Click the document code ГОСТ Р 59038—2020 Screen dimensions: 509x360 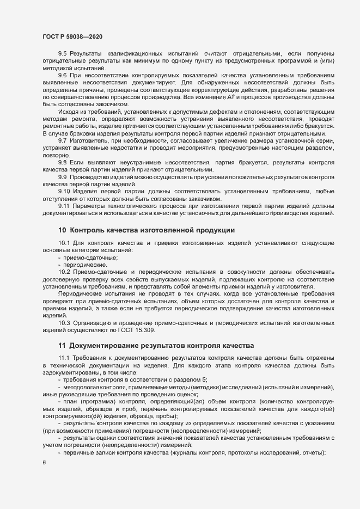[x=72, y=36]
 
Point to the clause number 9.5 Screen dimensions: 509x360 [x=62, y=54]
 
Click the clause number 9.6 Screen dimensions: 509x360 [x=62, y=75]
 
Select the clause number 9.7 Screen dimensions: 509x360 [x=62, y=141]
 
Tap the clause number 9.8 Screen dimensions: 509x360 [x=62, y=162]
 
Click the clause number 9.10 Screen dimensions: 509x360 [x=64, y=192]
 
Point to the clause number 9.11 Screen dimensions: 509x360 [x=64, y=205]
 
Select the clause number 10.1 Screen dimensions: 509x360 [x=64, y=243]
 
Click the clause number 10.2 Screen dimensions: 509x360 [x=64, y=271]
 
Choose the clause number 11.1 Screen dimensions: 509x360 [x=64, y=358]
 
